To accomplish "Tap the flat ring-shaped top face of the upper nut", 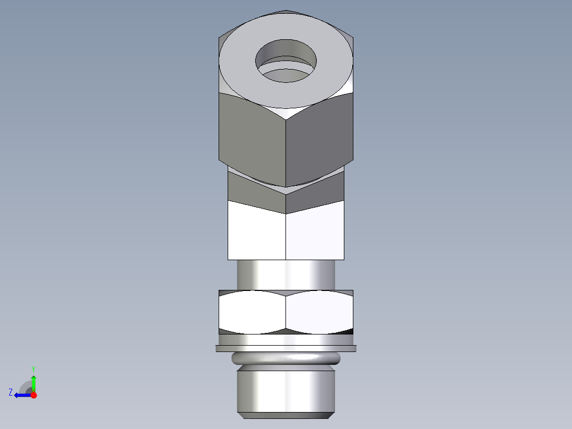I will coord(239,64).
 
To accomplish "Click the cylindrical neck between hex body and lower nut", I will coord(286,274).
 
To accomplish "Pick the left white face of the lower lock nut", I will coord(252,313).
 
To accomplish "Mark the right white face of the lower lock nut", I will coord(319,313).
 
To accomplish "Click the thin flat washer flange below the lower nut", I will coord(286,348).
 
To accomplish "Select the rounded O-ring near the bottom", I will coord(286,358).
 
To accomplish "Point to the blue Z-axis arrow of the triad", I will coord(21,395).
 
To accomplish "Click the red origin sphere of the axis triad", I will coord(33,395).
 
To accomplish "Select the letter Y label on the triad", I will coord(33,368).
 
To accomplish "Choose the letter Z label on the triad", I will coord(11,392).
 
